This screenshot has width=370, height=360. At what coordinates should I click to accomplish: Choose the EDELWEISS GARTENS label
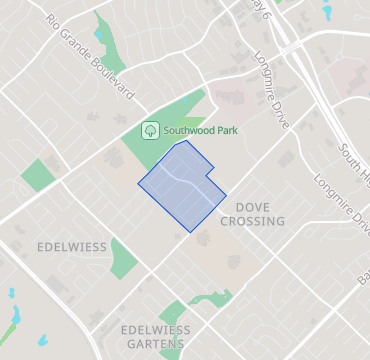154,337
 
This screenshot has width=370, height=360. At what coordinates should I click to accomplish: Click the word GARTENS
154,344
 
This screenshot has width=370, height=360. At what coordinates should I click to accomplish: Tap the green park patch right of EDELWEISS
123,258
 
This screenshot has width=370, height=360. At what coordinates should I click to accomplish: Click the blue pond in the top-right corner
327,12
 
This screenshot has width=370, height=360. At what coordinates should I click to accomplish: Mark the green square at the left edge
37,175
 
